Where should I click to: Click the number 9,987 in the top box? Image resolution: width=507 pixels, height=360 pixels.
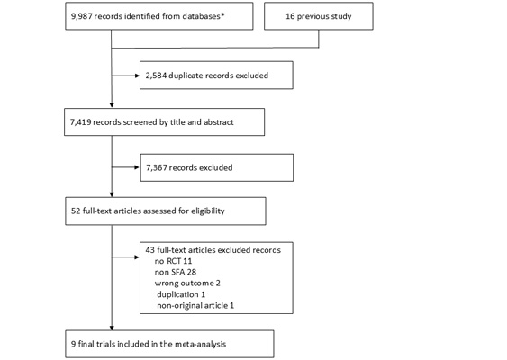[x=81, y=16]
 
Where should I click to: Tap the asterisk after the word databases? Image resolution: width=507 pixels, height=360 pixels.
[x=222, y=15]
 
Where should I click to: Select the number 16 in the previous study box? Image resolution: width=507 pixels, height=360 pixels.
[x=290, y=16]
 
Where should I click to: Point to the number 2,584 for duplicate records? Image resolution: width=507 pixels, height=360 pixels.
[x=156, y=76]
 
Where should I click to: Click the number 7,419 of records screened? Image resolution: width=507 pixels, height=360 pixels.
[x=81, y=122]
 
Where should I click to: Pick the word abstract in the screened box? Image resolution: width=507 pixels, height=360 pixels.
[x=218, y=122]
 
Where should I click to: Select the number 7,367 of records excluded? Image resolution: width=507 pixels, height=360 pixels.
[x=157, y=168]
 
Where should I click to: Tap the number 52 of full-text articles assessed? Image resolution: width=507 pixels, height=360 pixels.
[x=76, y=211]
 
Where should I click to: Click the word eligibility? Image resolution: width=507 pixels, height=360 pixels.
[x=208, y=211]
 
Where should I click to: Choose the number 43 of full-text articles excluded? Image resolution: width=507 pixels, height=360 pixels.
[x=150, y=250]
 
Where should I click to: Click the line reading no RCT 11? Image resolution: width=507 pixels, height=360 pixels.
[x=173, y=261]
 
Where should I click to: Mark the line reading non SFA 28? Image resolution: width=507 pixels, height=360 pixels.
[x=176, y=272]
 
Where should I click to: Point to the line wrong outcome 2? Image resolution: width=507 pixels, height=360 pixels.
[x=187, y=283]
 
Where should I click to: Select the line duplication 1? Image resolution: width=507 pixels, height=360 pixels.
[x=181, y=294]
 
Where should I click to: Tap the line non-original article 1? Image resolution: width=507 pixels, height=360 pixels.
[x=195, y=305]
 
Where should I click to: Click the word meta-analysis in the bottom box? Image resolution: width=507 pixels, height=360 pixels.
[x=200, y=344]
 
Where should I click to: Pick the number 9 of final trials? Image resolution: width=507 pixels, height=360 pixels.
[x=74, y=344]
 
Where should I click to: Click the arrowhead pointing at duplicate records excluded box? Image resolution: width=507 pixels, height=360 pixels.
[x=137, y=76]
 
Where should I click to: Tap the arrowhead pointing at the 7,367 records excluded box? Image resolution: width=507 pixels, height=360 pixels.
[x=137, y=167]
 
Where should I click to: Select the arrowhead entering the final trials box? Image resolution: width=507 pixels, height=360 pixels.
[x=112, y=328]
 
